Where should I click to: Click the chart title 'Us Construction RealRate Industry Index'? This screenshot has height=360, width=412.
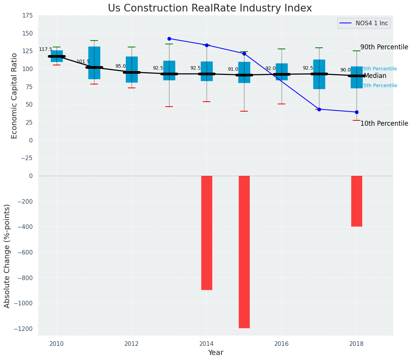210,8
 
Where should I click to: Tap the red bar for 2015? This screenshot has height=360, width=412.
244,251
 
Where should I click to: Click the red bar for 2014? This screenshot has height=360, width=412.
207,232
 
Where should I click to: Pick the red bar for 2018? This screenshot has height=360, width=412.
357,201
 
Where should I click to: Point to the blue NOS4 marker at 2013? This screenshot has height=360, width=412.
169,39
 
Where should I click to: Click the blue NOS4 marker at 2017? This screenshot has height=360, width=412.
319,109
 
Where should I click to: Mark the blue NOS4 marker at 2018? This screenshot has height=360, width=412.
357,112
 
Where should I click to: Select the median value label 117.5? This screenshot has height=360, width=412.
46,50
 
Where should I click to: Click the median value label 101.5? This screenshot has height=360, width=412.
83,62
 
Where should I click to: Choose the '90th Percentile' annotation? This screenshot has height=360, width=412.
384,47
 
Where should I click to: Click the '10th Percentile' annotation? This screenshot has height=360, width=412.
384,123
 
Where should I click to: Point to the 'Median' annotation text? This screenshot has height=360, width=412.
375,76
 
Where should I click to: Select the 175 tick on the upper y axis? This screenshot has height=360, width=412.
27,16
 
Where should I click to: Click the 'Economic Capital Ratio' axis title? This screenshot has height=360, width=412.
15,96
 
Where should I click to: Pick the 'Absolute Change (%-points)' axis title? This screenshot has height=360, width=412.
7,256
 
